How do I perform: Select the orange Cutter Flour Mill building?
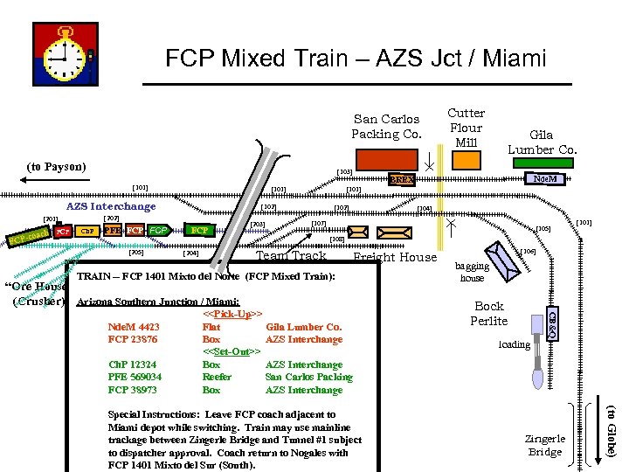466,160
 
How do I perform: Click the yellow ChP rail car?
88,232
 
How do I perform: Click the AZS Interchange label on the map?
111,206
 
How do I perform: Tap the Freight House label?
394,257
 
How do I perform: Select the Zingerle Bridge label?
545,445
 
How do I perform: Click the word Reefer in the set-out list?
217,377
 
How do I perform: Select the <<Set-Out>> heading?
233,351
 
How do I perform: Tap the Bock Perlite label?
488,314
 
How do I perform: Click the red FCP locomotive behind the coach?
62,233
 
